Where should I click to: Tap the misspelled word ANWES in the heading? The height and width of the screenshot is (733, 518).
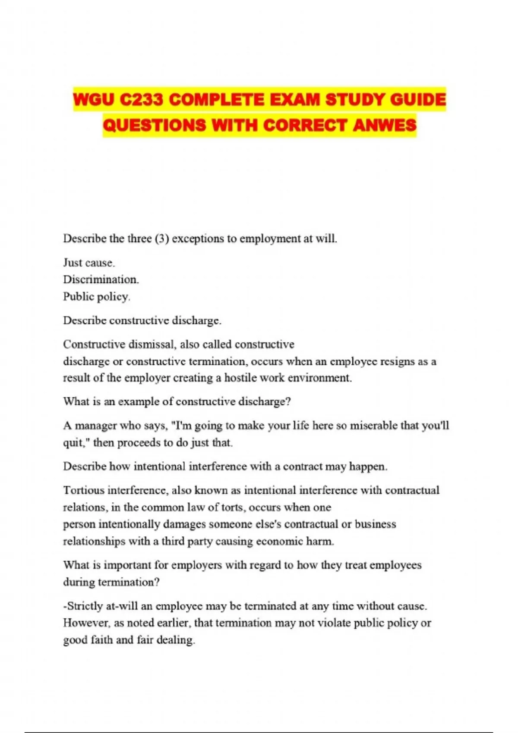pyautogui.click(x=385, y=125)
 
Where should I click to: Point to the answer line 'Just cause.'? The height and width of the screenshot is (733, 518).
pyautogui.click(x=89, y=263)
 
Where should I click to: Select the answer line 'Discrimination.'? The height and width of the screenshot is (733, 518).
pyautogui.click(x=101, y=279)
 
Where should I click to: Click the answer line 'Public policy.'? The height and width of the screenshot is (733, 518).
pyautogui.click(x=96, y=297)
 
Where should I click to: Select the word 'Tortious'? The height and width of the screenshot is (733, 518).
pyautogui.click(x=84, y=490)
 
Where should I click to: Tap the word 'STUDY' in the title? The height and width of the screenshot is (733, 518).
pyautogui.click(x=355, y=100)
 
